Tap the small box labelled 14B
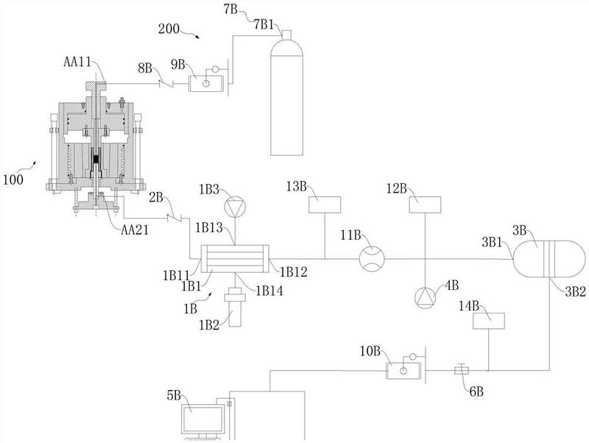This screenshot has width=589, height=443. [x=488, y=321]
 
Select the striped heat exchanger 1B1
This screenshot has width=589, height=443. [x=234, y=258]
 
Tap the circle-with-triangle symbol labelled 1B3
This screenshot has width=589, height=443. [x=234, y=210]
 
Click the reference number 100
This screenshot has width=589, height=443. [x=14, y=178]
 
